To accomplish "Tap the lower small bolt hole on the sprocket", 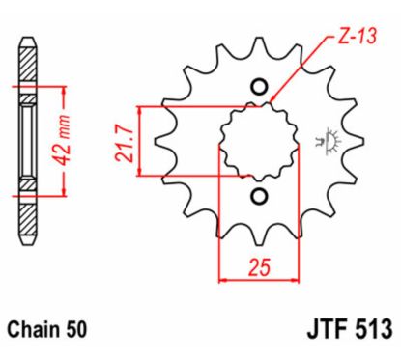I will pyautogui.click(x=258, y=197).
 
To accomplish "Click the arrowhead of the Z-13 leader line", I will pyautogui.click(x=273, y=100).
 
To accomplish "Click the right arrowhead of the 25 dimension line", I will pyautogui.click(x=287, y=280).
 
